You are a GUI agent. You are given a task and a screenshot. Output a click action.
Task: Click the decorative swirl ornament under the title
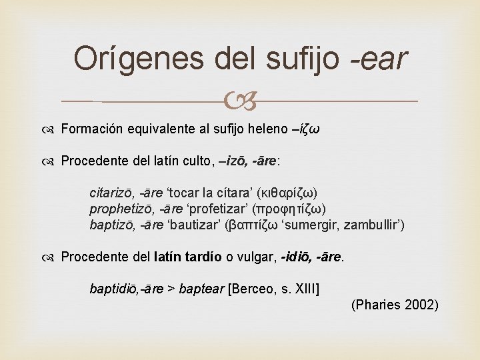coord(241,102)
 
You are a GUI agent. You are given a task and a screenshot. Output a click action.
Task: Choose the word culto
coord(191,161)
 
